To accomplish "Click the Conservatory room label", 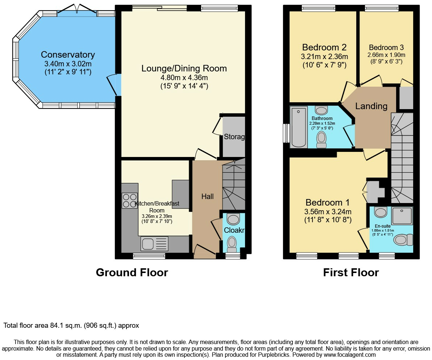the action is (68, 55).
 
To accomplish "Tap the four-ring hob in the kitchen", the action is (129, 200).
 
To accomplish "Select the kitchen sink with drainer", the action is (154, 244).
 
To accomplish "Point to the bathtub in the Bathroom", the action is (299, 127).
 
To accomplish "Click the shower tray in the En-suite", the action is (402, 216).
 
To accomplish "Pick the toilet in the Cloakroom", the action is (232, 244).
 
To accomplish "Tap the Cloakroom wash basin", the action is (233, 219).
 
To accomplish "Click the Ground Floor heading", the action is (132, 272).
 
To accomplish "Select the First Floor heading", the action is (351, 272).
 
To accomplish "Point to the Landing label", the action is (371, 106).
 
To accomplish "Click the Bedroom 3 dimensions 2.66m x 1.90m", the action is (386, 55).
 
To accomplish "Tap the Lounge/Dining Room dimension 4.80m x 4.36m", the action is (184, 78).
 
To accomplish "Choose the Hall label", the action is (207, 196).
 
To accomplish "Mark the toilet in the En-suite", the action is (403, 240).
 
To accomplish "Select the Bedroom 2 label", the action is (324, 47).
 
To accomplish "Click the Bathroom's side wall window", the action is (287, 133).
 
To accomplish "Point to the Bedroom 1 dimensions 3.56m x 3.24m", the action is (328, 212).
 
